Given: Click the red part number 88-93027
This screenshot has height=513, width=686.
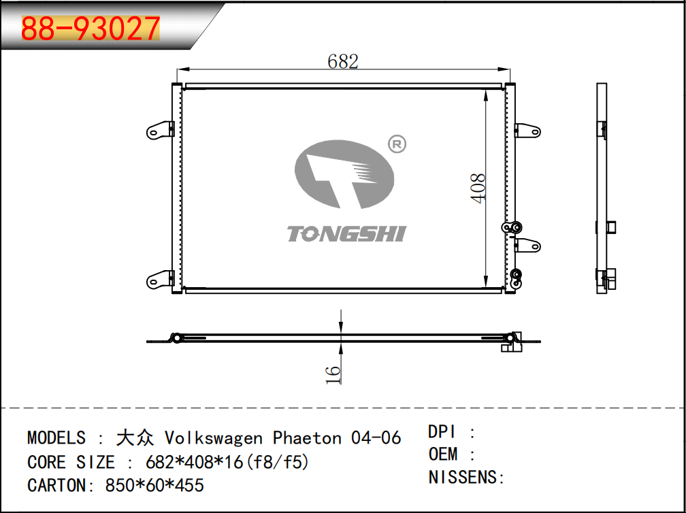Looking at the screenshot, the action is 91,29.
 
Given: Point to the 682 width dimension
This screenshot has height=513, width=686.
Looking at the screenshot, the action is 343,62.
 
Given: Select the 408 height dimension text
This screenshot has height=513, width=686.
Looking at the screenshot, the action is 478,188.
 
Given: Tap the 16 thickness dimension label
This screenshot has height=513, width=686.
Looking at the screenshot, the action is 333,375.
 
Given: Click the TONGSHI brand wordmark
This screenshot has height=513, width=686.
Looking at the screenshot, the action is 346,234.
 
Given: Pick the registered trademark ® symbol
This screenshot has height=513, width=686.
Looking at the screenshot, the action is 397,144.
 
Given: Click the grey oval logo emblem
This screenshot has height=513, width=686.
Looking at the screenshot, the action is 344,174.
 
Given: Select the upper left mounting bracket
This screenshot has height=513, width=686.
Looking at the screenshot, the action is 160,131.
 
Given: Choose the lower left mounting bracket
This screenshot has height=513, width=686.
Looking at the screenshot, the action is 160,279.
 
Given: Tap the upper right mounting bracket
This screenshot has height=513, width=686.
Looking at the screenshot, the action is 527,131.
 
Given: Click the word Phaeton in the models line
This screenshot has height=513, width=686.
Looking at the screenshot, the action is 307,437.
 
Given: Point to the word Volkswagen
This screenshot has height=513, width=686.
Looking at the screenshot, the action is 214,438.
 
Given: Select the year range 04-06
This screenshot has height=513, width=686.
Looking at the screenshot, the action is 376,437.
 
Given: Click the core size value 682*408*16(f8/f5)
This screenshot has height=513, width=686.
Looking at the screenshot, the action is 227,462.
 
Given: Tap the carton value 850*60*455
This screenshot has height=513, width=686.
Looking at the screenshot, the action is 154,485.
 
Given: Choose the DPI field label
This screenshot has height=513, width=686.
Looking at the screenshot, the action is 442,432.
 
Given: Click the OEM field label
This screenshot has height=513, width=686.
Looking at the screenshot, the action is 443,454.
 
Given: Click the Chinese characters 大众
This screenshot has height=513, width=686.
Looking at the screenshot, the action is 135,437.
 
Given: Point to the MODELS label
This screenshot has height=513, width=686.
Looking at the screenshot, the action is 56,437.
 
